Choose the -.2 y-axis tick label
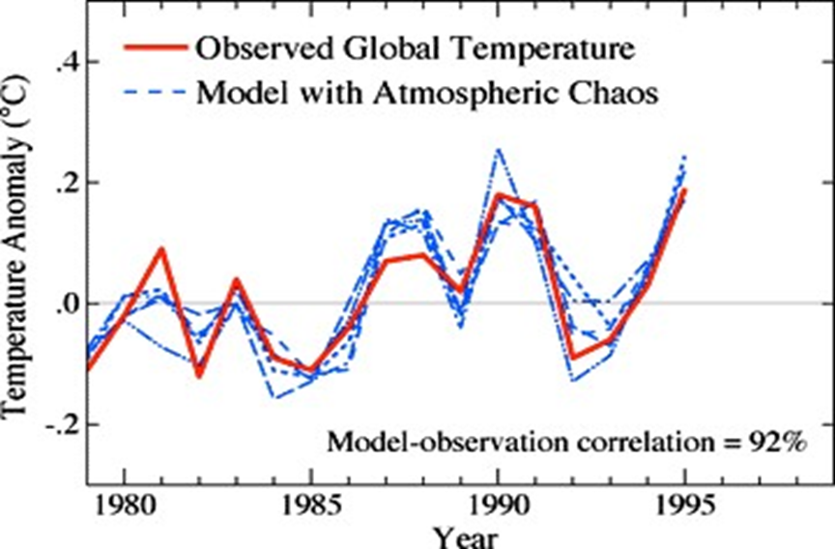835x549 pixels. (x=60, y=425)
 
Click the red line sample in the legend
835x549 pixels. (x=152, y=47)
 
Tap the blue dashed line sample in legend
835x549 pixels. (x=152, y=93)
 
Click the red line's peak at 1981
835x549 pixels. (x=161, y=249)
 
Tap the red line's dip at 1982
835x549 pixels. (x=199, y=375)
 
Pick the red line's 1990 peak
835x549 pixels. (x=499, y=194)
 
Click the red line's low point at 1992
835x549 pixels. (x=573, y=358)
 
